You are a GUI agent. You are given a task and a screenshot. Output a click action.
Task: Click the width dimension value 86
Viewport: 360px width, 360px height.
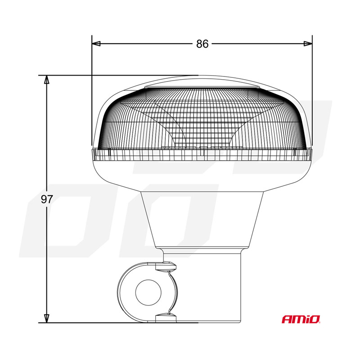202,44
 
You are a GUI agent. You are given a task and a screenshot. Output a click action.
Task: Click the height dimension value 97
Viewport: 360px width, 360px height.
47,199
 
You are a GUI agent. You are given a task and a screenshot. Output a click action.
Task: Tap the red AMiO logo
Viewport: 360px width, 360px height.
301,319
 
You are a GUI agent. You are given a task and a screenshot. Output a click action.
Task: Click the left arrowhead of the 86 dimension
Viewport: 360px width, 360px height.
96,44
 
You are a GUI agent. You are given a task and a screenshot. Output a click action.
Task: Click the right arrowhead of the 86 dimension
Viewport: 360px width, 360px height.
308,44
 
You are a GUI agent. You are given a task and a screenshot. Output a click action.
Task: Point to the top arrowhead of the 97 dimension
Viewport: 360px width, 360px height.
47,80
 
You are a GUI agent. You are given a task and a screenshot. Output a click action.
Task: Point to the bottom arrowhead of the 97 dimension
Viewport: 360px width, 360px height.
47,319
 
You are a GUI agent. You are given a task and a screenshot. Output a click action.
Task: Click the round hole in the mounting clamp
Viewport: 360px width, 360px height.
148,292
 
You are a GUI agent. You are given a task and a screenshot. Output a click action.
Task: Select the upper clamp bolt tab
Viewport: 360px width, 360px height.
166,266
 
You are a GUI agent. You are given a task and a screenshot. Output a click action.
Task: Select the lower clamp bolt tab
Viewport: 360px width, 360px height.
166,318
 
